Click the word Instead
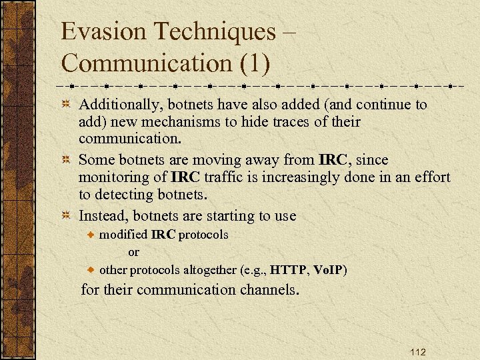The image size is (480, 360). tap(102, 216)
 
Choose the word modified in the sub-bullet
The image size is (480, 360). tap(123, 235)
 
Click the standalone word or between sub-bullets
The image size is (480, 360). tap(133, 253)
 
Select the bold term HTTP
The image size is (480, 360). tap(289, 271)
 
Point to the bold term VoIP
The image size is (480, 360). tap(328, 271)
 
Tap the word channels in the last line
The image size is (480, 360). tap(269, 290)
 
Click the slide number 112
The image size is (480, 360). tap(418, 352)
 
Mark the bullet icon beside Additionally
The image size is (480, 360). tap(66, 105)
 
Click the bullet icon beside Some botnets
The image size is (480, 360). tap(66, 161)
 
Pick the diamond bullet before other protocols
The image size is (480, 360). tap(93, 271)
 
